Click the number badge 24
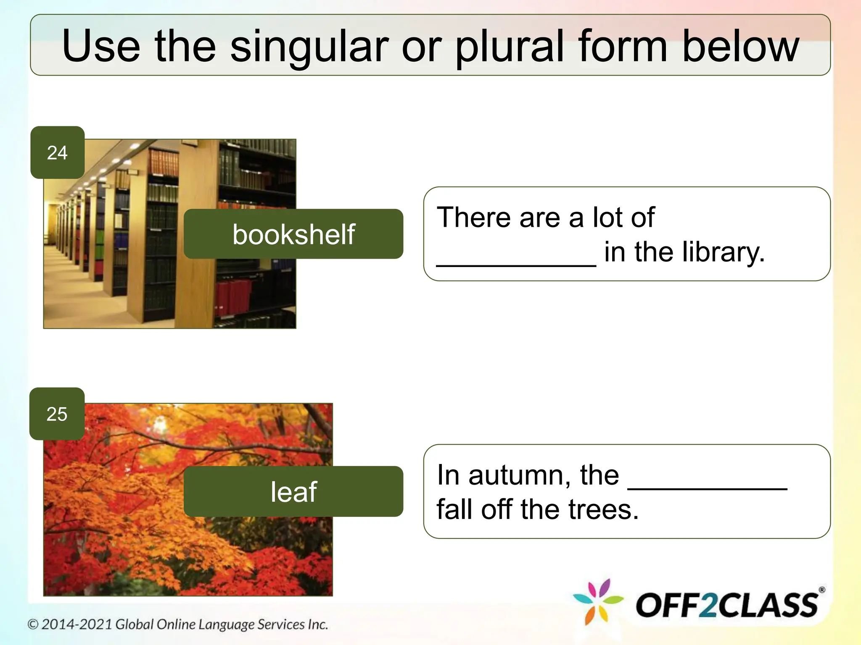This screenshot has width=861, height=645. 57,153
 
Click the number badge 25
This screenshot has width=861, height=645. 57,414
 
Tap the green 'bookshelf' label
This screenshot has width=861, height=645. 293,234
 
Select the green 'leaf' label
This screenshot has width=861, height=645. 293,491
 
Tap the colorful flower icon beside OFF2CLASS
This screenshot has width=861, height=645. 598,601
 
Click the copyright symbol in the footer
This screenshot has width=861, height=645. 33,624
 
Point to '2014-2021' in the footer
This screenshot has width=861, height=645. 77,624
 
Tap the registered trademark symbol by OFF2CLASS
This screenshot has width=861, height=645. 822,590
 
